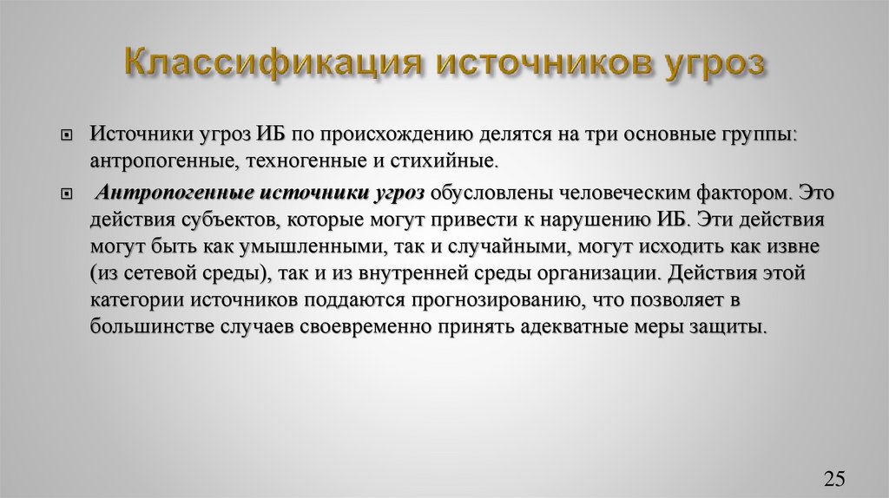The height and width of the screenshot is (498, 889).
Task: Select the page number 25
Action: [834, 479]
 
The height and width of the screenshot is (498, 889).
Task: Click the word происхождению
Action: [393, 136]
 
